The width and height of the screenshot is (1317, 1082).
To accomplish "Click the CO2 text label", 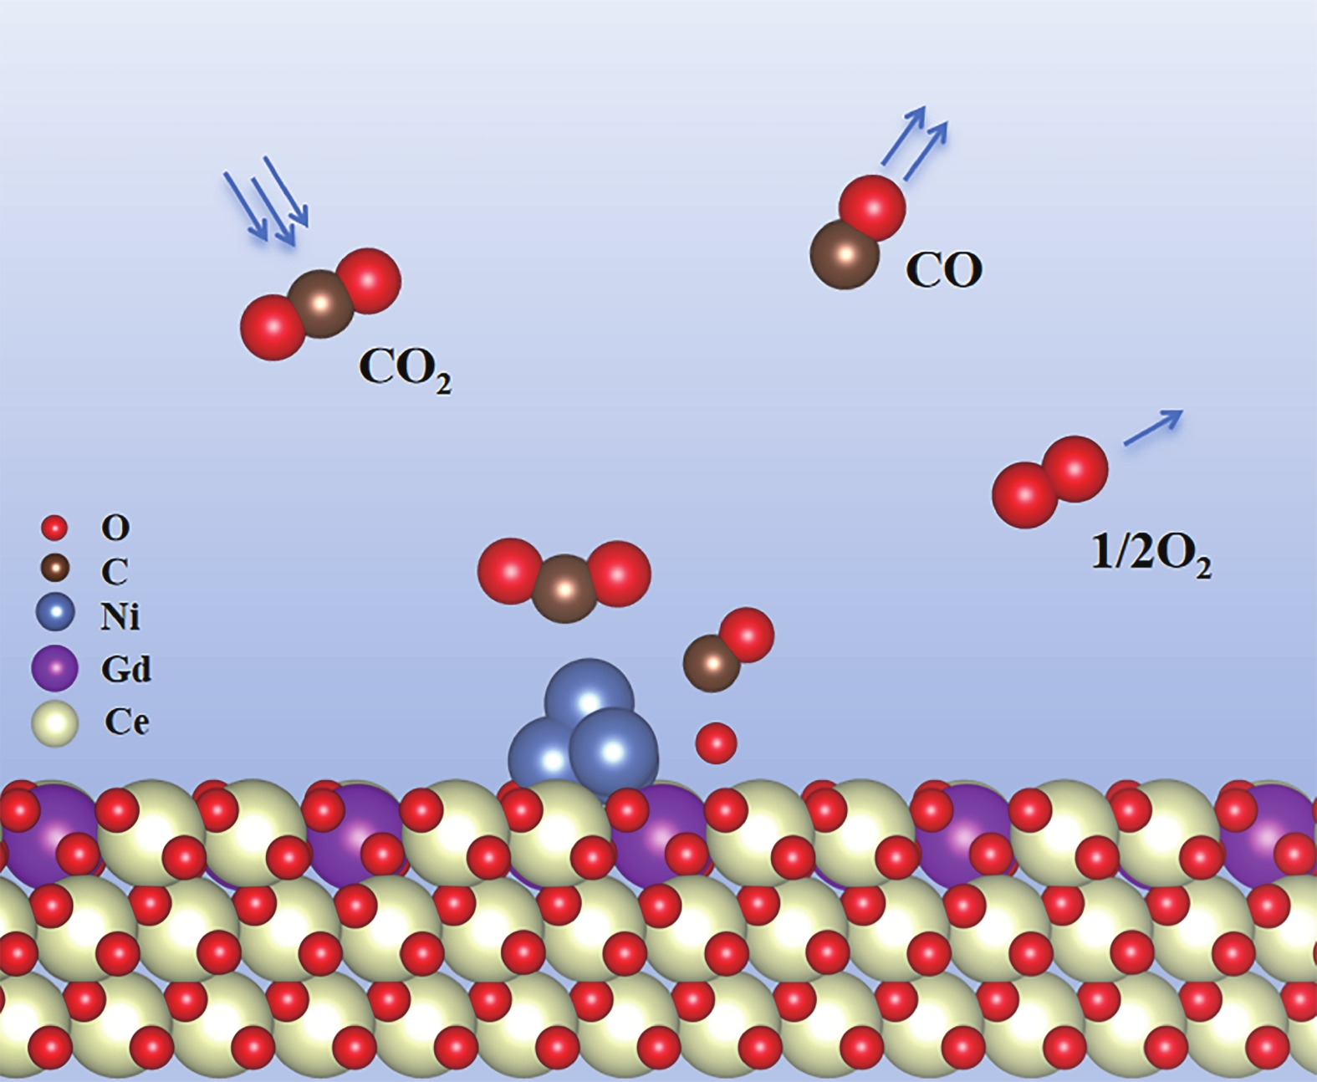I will (404, 368).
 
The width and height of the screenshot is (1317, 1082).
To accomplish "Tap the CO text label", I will (943, 270).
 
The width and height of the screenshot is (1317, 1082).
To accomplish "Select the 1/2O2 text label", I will (1151, 554).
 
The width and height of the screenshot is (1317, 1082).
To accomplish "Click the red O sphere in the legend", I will (54, 528).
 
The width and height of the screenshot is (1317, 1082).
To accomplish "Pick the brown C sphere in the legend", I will (55, 569).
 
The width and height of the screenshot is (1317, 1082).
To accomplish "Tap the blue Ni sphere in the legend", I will (55, 612).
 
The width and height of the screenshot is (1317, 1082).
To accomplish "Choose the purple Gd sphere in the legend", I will (54, 668).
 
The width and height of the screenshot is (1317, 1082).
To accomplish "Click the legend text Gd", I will (125, 669).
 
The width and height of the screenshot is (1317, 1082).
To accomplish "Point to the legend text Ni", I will (120, 616).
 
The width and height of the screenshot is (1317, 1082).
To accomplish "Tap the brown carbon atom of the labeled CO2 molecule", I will (321, 304).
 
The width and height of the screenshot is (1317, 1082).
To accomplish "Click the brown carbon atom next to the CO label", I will (845, 254).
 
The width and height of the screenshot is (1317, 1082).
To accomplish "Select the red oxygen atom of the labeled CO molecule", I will (872, 207).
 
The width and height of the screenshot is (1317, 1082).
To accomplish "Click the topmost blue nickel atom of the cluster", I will (589, 697).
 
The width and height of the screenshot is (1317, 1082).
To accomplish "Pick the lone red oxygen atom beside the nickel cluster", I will (717, 743).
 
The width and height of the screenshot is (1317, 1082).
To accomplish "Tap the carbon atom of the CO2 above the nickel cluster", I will (565, 589).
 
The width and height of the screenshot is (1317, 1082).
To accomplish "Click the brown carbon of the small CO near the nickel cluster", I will (712, 663).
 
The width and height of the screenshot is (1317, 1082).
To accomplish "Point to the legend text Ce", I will (126, 722).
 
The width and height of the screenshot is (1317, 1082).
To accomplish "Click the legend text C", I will (115, 572).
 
